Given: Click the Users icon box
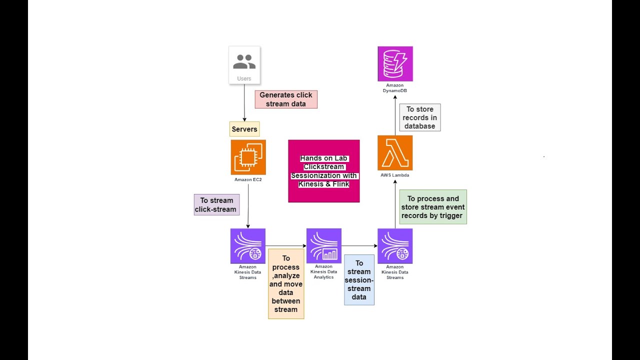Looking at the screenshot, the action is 244,65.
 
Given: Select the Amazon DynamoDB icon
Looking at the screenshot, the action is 395,63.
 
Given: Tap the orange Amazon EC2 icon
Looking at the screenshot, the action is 248,157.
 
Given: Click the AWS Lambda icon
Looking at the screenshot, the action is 395,153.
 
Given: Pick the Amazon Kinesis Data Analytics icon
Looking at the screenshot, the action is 324,245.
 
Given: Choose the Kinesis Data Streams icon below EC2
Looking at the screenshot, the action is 248,246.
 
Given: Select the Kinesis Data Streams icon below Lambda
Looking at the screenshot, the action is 395,246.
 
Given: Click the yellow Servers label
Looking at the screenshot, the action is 244,129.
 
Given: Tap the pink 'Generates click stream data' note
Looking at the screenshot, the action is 286,99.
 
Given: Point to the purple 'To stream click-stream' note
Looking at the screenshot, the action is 216,205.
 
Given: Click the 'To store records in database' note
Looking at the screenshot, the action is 420,117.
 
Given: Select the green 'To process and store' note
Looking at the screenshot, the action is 433,207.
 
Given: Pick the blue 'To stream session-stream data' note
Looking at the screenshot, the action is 359,280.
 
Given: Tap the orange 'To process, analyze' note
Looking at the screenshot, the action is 286,283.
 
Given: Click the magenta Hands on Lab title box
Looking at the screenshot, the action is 324,171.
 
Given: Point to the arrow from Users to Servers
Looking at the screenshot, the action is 244,103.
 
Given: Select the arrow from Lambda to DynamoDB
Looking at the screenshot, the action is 395,115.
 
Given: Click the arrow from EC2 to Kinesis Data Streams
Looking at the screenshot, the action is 248,206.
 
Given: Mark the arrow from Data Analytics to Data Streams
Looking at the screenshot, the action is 359,245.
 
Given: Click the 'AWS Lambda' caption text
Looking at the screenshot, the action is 395,175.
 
